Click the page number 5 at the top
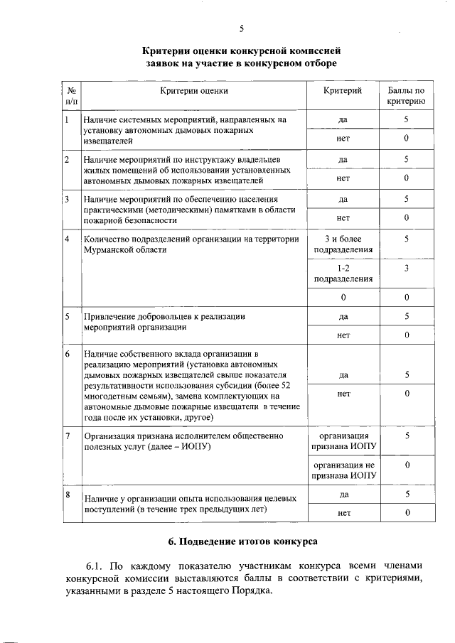(241, 28)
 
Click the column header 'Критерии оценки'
(194, 90)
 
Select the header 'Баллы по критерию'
(406, 96)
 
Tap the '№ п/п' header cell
(72, 96)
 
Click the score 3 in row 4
(406, 269)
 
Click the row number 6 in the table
(67, 353)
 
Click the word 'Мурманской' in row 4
(108, 250)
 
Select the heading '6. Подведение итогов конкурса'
(242, 541)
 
